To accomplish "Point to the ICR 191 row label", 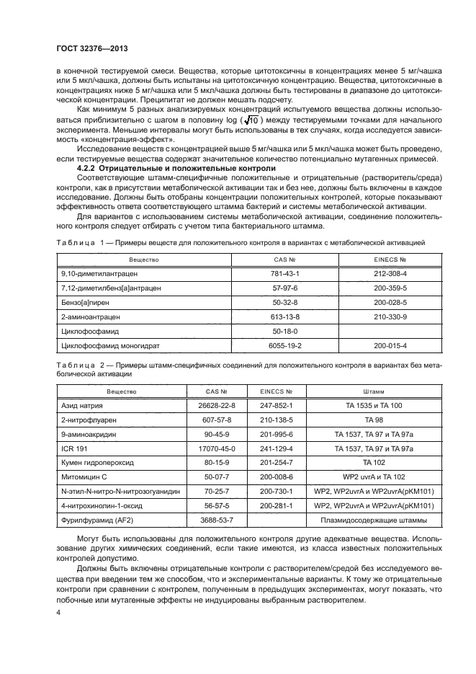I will pyautogui.click(x=73, y=448).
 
